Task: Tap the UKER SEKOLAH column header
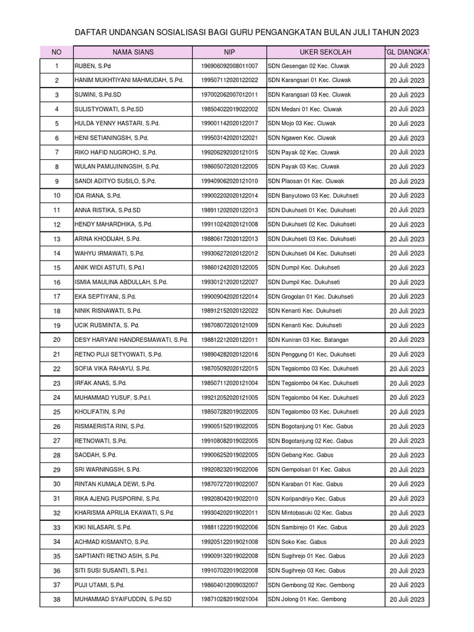pyautogui.click(x=323, y=51)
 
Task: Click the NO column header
pyautogui.click(x=56, y=51)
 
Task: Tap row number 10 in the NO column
pyautogui.click(x=57, y=196)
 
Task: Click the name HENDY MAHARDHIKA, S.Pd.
pyautogui.click(x=113, y=225)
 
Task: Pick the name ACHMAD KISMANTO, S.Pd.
pyautogui.click(x=112, y=542)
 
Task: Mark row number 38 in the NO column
pyautogui.click(x=57, y=599)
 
